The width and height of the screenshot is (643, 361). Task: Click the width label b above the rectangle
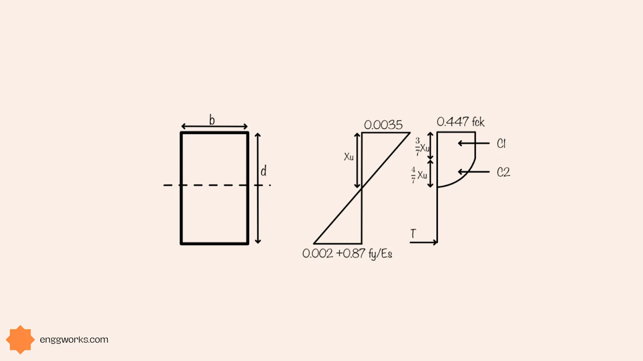point(212,120)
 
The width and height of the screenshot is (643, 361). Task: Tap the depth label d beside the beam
point(264,171)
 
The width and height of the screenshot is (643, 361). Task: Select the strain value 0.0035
point(383,125)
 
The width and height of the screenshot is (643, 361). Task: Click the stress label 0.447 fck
point(461,122)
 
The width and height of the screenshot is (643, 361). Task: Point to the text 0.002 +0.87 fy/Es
point(347,254)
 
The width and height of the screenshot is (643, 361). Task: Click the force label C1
point(501,144)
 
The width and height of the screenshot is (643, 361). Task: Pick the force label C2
point(504,172)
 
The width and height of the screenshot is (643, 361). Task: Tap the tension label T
point(413,233)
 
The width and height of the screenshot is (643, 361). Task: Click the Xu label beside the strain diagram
point(349,157)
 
